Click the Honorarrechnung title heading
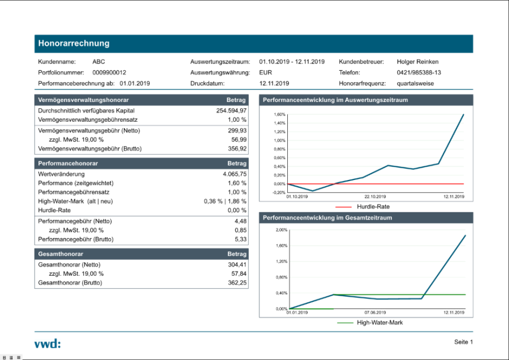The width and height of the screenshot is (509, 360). point(74,44)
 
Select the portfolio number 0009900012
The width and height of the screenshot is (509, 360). point(109,72)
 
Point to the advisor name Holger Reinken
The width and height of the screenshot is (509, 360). point(418,62)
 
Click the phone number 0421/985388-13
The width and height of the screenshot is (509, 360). point(419,72)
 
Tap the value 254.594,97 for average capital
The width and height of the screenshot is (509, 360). point(231,111)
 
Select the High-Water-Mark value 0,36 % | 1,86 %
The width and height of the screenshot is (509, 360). point(225,201)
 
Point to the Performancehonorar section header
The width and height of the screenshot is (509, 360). point(68,163)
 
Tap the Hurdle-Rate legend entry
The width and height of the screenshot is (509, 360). point(373,207)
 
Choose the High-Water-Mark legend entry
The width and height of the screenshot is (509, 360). point(379,323)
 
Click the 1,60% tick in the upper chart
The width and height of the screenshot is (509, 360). point(279,114)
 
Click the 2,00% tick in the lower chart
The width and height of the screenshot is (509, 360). point(281,230)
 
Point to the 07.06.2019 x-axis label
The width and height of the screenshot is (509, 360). point(375,312)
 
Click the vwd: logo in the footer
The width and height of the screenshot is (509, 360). point(48,343)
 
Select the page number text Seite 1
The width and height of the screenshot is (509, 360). point(463,342)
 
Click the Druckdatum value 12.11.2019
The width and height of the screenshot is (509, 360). point(274,83)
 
